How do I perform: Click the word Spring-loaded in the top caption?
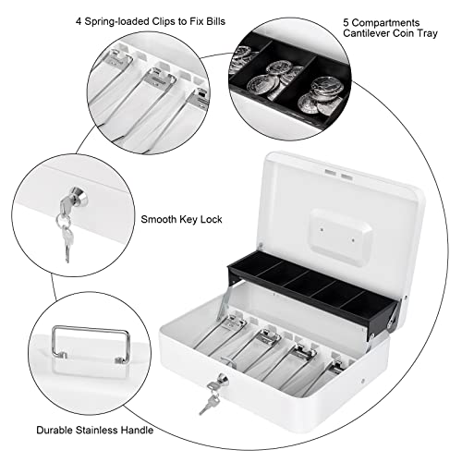(x=116, y=22)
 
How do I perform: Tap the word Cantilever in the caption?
(x=367, y=33)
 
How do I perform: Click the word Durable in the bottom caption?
(x=55, y=430)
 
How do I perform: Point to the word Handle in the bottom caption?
(x=137, y=430)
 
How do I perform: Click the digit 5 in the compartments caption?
(x=346, y=23)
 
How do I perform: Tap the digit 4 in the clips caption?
(x=79, y=21)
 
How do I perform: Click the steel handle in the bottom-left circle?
(x=91, y=345)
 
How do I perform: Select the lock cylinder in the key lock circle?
(x=79, y=196)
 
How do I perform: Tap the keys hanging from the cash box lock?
(x=209, y=397)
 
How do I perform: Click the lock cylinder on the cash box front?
(x=223, y=380)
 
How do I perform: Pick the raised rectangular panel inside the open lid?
(x=340, y=236)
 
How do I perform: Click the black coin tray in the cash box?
(x=311, y=291)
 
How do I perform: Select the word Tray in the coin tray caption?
(x=427, y=33)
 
